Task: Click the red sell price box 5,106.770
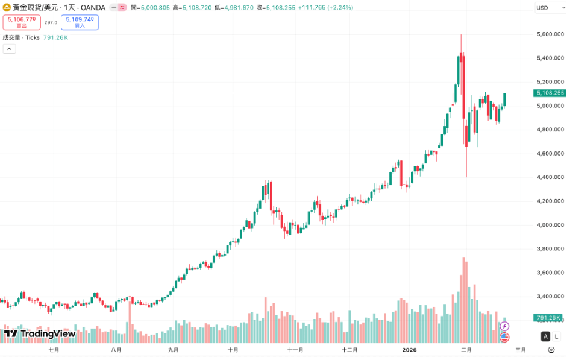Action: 22,22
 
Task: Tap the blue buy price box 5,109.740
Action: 80,22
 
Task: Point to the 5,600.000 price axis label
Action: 549,34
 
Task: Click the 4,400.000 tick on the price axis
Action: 549,177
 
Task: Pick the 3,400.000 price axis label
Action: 549,297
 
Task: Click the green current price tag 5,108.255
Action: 549,93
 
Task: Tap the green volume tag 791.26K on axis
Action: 548,318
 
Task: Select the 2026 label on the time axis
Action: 410,350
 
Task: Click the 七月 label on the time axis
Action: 54,350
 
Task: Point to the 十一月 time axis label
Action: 295,350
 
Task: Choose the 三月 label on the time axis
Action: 520,350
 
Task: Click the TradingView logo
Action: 40,334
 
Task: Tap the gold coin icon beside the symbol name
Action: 7,7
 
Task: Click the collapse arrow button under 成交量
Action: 9,49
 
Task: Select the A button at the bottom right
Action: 545,336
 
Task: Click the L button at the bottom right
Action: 556,336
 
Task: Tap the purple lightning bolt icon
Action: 505,326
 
